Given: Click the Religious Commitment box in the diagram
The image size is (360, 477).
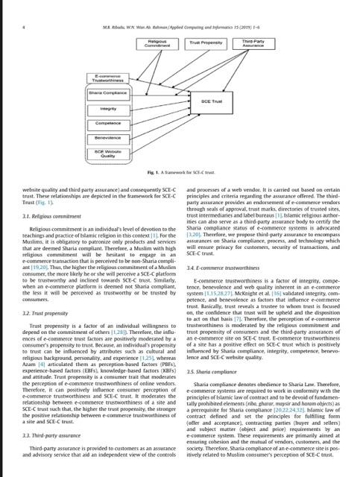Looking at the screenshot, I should (x=157, y=43).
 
